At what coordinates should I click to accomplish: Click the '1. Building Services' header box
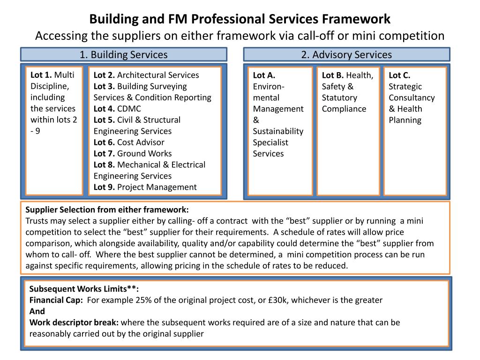click(x=123, y=54)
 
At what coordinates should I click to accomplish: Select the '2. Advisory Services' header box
click(x=346, y=54)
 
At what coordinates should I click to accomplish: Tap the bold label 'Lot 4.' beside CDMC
click(x=104, y=109)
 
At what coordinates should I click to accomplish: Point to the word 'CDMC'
click(x=129, y=109)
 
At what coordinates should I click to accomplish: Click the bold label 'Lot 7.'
click(x=104, y=153)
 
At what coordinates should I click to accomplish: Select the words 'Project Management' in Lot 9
click(x=157, y=187)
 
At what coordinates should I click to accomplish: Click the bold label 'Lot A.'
click(x=264, y=75)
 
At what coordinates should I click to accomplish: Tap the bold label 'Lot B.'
click(x=333, y=75)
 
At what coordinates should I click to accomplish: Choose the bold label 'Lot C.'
click(x=399, y=75)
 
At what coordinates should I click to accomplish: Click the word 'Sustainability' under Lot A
click(x=278, y=131)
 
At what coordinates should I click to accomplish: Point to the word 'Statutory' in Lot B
click(x=339, y=97)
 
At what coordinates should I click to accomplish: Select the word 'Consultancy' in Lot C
click(x=412, y=97)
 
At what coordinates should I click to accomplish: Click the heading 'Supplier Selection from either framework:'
click(x=107, y=210)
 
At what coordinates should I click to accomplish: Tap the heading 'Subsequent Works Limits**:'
click(x=84, y=289)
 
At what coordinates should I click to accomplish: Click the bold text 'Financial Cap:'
click(x=56, y=300)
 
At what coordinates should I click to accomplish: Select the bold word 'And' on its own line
click(x=37, y=311)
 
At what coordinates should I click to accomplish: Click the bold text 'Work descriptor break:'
click(x=74, y=322)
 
